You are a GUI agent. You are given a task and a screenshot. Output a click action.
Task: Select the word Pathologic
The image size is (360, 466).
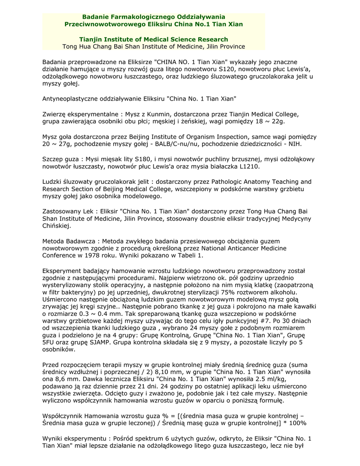click(x=230, y=182)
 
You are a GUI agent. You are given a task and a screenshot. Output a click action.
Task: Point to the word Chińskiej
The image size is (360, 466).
click(x=56, y=226)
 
